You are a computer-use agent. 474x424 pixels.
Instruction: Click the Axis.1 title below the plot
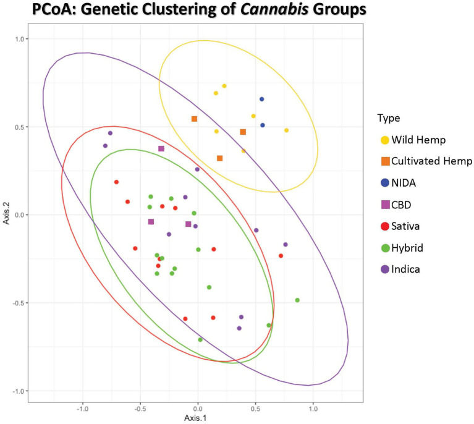tap(198, 418)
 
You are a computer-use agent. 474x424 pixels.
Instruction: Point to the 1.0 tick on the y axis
tap(22, 39)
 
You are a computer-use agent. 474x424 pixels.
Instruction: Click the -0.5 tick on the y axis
tap(20, 303)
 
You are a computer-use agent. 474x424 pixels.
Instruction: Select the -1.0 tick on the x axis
tap(82, 409)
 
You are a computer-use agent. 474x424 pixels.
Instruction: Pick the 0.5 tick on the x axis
tap(255, 409)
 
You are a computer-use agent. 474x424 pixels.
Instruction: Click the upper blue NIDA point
tap(261, 99)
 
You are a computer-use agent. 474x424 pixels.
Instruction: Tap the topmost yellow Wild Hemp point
tap(224, 86)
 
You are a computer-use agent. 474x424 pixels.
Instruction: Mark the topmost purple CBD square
tap(161, 148)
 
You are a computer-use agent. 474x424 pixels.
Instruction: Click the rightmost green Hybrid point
tap(297, 300)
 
